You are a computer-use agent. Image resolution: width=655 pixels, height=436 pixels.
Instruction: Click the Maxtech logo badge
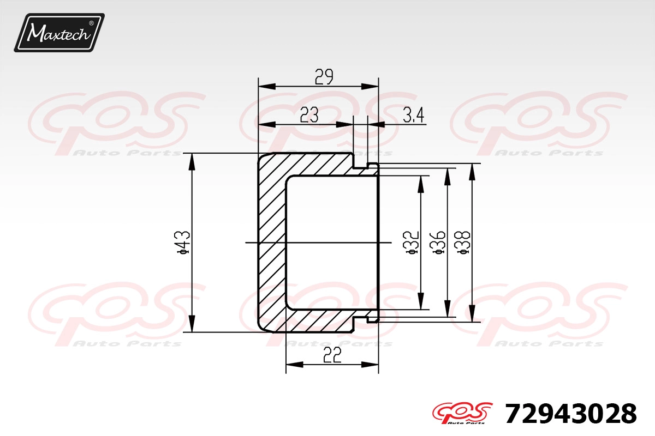(59, 32)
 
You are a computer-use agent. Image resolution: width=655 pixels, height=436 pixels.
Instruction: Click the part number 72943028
(571, 414)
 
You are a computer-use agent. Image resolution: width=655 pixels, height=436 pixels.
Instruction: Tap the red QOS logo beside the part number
(462, 413)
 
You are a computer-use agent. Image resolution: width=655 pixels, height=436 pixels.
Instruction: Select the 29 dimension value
(324, 77)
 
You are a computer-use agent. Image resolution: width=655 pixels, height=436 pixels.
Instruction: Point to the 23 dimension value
(309, 114)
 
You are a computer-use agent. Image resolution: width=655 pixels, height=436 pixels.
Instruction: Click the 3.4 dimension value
(414, 115)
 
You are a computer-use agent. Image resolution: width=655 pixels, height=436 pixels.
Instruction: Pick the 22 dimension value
(332, 355)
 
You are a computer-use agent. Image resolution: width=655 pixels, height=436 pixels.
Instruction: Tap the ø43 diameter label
(183, 242)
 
